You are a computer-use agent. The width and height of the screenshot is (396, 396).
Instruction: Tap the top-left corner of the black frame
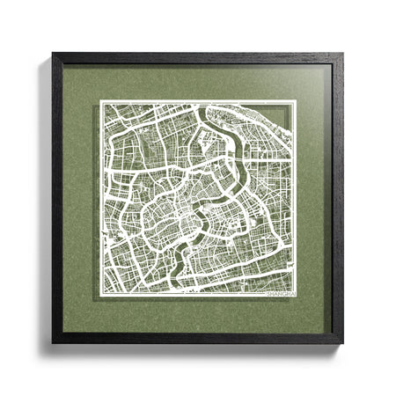click(x=53, y=54)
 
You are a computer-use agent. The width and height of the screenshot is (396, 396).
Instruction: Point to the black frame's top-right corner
click(x=343, y=54)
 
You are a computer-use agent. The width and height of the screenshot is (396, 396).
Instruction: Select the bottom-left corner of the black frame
click(x=53, y=342)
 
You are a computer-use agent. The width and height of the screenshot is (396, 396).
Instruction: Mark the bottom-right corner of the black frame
click(x=343, y=342)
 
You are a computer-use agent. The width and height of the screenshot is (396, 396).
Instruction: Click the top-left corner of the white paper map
click(x=99, y=100)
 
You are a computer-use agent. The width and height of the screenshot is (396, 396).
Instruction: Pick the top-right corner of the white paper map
click(x=297, y=100)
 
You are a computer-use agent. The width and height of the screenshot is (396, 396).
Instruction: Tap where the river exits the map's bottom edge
click(x=182, y=296)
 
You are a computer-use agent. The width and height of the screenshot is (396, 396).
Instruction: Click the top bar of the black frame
click(x=198, y=58)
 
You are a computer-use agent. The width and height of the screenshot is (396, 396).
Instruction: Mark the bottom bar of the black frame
click(x=198, y=338)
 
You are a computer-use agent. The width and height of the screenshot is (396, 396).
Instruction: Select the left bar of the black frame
click(x=57, y=198)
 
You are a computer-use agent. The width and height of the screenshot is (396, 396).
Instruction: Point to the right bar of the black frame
click(x=338, y=198)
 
